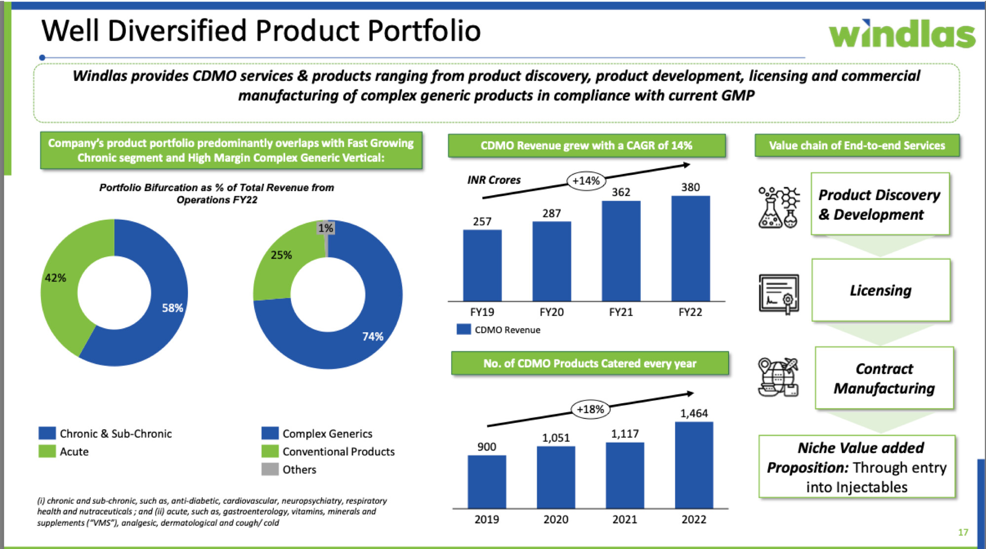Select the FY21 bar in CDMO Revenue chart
tap(621, 251)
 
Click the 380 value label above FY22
tap(690, 187)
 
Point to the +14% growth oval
tap(586, 181)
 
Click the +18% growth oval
tap(590, 409)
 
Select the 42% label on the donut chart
tap(55, 278)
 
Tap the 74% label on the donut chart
tap(372, 337)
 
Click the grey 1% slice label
tap(326, 228)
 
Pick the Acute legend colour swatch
tap(47, 451)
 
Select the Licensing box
tap(880, 290)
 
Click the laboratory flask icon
tap(778, 207)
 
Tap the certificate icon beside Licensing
tap(778, 294)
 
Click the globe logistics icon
tap(778, 377)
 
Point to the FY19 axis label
tap(482, 312)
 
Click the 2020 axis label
tap(555, 519)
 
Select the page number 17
tap(963, 532)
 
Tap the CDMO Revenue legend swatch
tap(464, 330)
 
